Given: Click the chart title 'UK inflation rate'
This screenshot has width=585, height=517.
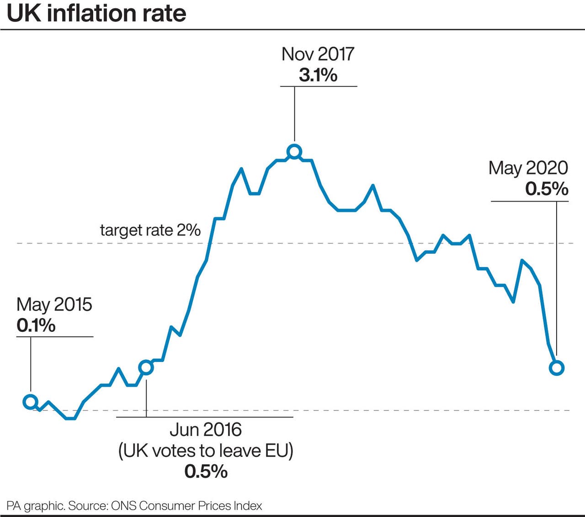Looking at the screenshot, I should tap(96, 14).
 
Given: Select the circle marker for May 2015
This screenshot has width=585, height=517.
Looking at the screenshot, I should tap(30, 402).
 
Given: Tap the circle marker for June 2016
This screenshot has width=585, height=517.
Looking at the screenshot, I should tap(146, 368).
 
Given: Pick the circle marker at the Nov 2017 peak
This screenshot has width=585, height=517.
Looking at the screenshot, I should tap(294, 151).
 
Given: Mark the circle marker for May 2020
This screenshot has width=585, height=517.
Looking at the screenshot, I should tap(557, 368).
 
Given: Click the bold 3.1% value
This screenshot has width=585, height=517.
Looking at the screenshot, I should tap(318, 75).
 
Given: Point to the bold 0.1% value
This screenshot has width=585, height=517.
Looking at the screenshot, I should tap(36, 326).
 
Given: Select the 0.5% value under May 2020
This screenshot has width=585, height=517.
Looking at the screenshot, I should tap(547, 189).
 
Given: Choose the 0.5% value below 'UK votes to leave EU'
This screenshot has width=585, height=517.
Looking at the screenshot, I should tap(206, 471).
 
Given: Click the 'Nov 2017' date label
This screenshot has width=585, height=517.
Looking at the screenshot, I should tap(318, 54).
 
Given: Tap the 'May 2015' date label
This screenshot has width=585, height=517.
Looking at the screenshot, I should tap(54, 304).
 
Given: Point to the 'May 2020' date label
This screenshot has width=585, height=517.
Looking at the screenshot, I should tap(528, 168).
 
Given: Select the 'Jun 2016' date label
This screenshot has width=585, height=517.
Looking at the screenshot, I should tap(206, 430).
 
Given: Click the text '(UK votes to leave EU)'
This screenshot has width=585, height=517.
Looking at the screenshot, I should tap(206, 451).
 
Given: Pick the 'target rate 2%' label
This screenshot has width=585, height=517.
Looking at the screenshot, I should tap(150, 230).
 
